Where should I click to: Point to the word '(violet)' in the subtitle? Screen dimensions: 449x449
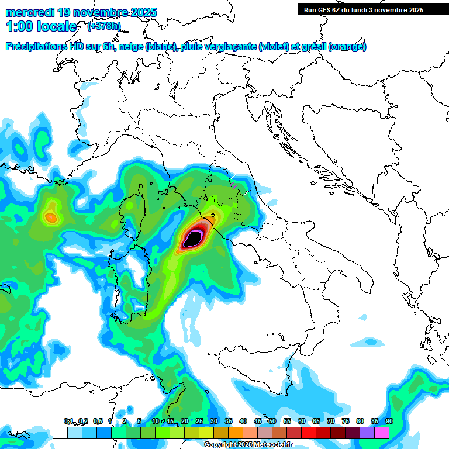click(278, 47)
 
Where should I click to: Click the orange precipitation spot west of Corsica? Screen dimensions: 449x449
click(51, 217)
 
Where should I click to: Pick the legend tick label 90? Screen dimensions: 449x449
click(389, 422)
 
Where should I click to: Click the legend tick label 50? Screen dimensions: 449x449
click(272, 422)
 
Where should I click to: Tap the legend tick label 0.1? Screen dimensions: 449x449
click(68, 422)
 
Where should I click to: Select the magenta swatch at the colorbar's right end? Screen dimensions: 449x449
click(382, 433)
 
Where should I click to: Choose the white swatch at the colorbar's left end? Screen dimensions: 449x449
click(60, 433)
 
